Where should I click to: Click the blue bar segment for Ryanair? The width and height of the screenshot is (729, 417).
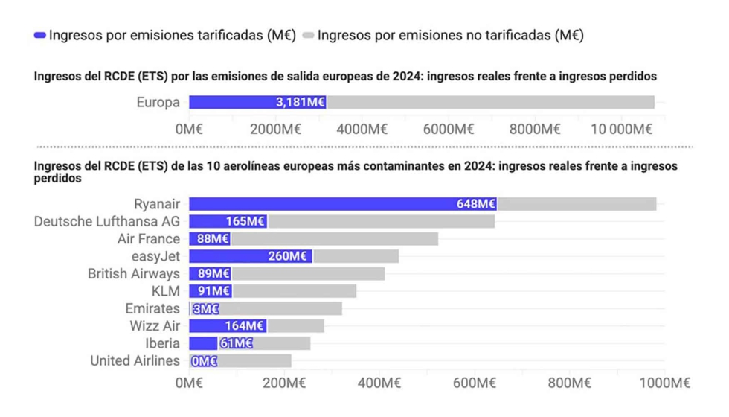(320, 204)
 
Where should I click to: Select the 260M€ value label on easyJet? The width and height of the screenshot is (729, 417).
(288, 256)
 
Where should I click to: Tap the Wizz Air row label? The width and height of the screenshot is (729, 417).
(155, 326)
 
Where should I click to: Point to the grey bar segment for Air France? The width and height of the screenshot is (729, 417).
(334, 239)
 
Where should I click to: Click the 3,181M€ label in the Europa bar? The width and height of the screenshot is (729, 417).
(301, 103)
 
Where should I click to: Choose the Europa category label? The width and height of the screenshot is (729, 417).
(158, 103)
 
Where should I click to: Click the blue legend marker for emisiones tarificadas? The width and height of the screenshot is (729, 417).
(40, 35)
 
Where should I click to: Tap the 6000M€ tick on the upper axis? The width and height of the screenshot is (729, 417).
(449, 129)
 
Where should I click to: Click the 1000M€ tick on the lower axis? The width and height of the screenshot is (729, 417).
(664, 383)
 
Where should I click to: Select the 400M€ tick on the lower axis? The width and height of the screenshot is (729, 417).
(379, 383)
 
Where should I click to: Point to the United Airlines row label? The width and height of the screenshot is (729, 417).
(135, 361)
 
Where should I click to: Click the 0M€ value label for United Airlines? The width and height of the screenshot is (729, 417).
(204, 361)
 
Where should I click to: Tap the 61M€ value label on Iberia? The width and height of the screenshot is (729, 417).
(237, 343)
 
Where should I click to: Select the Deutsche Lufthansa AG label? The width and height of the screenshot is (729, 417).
(107, 221)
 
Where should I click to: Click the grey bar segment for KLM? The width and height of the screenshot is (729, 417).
(294, 291)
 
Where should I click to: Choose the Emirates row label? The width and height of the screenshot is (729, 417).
(152, 308)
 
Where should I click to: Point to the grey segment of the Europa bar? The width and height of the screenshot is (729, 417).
(490, 103)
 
